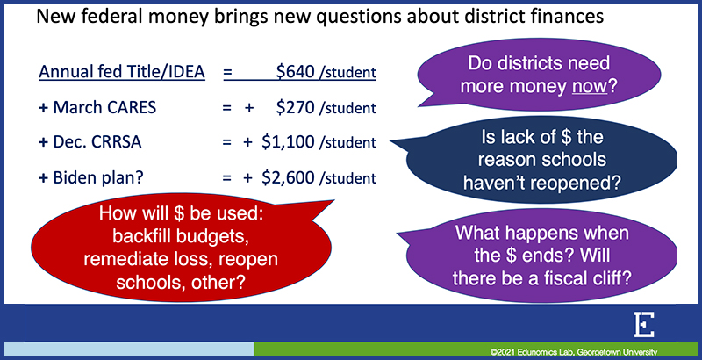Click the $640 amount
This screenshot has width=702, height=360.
tap(295, 72)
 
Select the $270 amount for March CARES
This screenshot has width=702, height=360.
tap(295, 107)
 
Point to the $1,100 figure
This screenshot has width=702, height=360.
tap(288, 142)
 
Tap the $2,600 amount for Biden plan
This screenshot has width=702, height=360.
tap(288, 177)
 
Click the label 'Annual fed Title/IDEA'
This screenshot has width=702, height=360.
tap(122, 72)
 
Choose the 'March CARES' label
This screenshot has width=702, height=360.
tap(104, 107)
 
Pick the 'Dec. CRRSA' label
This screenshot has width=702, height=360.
tap(97, 142)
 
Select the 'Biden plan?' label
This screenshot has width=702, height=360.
tap(98, 177)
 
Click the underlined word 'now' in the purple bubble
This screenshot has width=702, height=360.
tap(590, 86)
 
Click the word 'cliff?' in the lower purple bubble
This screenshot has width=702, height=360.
tap(609, 278)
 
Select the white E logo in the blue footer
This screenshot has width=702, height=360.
tap(644, 325)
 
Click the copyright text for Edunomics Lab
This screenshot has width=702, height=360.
tap(574, 352)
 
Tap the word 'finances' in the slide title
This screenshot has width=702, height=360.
tap(568, 17)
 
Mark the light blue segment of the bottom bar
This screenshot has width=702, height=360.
tap(129, 349)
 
